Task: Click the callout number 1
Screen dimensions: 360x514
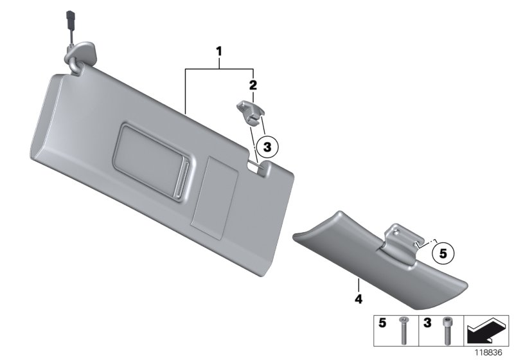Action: point(220,50)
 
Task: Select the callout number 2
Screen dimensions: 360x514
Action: point(253,85)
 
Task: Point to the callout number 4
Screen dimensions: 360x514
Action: point(359,300)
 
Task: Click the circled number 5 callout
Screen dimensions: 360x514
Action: point(443,253)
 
